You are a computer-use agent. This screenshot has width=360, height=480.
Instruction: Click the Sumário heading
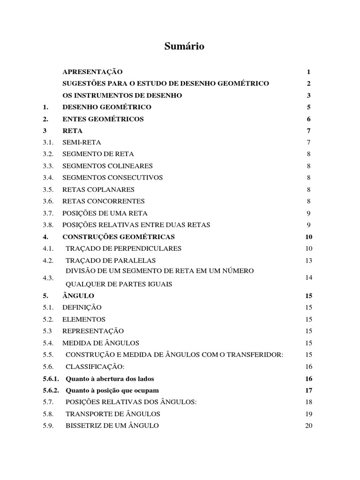coord(184,46)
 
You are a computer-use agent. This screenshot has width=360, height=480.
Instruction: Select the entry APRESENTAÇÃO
coord(92,72)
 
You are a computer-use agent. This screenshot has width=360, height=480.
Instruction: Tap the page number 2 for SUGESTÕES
coord(309,83)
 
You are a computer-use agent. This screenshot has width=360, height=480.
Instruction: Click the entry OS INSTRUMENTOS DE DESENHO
coord(122,95)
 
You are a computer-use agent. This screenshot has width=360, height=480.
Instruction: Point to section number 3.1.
coord(48,142)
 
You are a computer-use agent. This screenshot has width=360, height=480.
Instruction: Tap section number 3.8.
coord(48,225)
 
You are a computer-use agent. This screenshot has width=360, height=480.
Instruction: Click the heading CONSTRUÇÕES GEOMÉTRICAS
coord(119,237)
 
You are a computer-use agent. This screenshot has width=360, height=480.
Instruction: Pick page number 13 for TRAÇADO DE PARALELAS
coord(308,260)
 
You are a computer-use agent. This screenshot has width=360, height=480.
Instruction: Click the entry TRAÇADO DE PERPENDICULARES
coord(124,248)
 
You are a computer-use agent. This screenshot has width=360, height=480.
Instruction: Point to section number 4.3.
coord(48,277)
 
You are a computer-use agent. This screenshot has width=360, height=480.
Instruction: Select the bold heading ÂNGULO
coord(78,296)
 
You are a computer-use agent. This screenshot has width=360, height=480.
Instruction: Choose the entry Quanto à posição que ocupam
coord(112,390)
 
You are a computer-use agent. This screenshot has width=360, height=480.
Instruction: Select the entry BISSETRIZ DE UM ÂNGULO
coord(112,426)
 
